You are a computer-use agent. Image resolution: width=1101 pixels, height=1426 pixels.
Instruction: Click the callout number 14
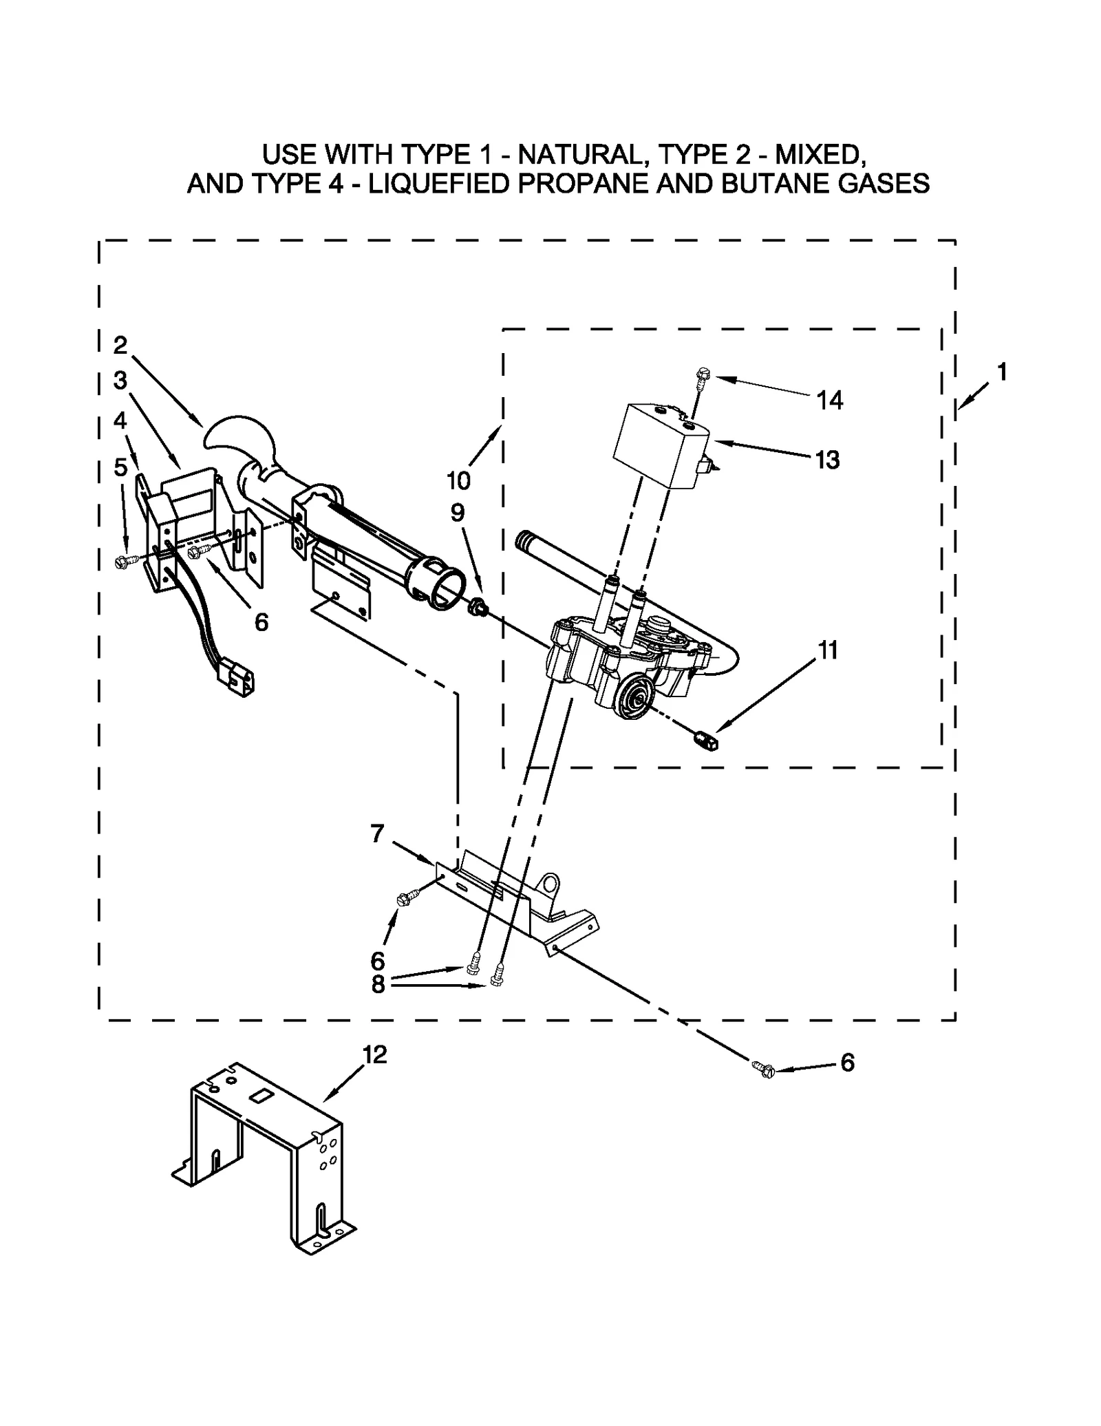tap(829, 400)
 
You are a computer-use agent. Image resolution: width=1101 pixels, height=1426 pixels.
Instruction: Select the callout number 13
tap(827, 460)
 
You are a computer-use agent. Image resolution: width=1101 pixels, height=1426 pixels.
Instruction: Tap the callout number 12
tap(374, 1054)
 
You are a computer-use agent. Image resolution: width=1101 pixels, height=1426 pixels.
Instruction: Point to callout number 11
tap(827, 650)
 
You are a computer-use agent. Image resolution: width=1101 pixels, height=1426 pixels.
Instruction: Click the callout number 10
tap(458, 480)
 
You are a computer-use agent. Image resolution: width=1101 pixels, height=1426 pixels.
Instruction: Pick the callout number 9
tap(458, 513)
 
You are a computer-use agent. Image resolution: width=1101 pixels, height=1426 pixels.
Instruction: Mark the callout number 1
tap(1001, 372)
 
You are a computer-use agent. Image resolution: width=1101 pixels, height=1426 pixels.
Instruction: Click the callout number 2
tap(120, 345)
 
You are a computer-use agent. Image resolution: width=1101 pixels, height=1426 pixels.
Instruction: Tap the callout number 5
tap(120, 467)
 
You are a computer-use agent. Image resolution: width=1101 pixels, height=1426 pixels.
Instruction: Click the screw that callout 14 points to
tap(701, 376)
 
